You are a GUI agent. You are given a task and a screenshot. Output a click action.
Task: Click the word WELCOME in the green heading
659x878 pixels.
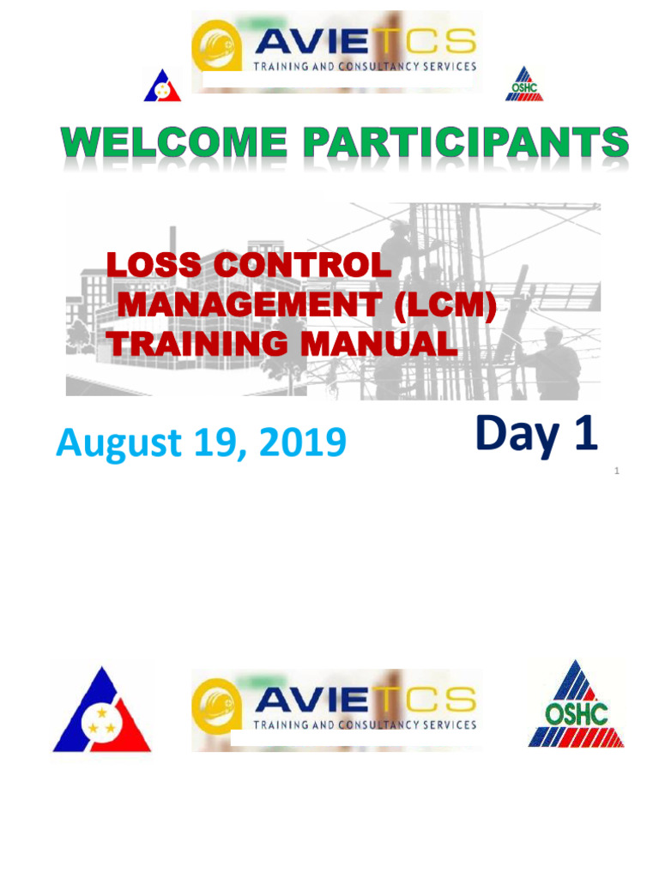pos(174,142)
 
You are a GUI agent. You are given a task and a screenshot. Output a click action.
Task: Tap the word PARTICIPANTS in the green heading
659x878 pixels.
pos(466,142)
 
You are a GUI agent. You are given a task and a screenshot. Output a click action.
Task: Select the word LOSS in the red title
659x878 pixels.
pos(154,265)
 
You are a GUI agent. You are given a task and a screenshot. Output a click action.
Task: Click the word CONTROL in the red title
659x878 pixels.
pos(302,265)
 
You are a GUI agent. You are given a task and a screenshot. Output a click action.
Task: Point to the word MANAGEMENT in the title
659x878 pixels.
pos(250,304)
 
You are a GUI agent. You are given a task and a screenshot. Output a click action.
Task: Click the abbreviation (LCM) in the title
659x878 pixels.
pos(445,304)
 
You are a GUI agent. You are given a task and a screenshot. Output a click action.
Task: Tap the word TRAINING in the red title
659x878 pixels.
pos(198,343)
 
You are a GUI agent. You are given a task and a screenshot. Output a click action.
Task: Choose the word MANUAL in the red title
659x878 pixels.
pos(379,343)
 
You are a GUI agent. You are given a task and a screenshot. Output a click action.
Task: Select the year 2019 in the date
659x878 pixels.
pos(303,442)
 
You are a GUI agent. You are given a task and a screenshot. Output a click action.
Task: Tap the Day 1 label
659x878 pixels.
pos(536,435)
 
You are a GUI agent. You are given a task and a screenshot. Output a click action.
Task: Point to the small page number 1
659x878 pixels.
pos(617,471)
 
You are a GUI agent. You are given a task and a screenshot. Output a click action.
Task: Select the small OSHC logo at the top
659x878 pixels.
pos(524,84)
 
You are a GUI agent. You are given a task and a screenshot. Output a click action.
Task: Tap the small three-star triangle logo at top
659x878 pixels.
pos(162,86)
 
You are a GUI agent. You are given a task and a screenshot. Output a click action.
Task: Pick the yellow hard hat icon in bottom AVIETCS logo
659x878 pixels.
pos(216,706)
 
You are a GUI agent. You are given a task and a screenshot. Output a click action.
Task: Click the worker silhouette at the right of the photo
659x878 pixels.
pos(548,363)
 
